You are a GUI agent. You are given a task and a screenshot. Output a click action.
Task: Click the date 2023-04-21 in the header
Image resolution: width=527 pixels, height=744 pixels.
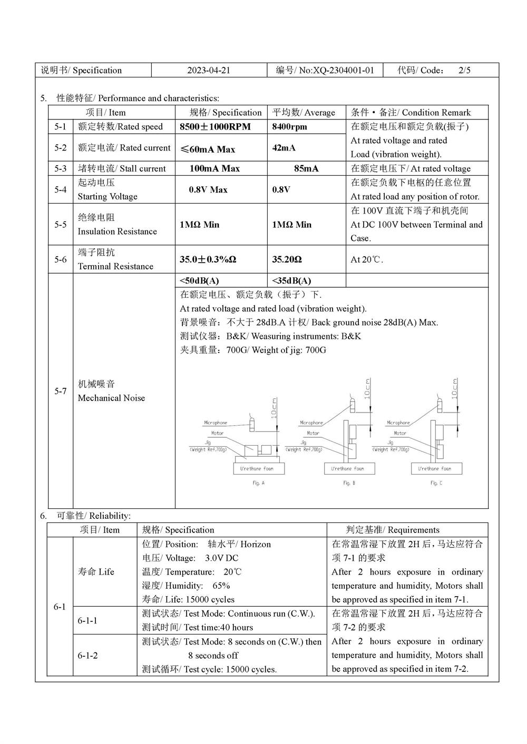click(x=209, y=71)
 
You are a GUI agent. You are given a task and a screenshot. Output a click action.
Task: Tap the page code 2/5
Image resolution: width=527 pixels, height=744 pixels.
click(x=464, y=71)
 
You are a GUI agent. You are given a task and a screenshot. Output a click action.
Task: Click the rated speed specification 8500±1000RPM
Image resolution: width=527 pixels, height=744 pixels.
click(x=215, y=127)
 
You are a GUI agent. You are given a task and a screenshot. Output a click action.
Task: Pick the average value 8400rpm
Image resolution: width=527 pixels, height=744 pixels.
click(x=289, y=127)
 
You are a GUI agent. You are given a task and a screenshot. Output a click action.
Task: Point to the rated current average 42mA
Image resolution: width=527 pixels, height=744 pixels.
click(x=284, y=148)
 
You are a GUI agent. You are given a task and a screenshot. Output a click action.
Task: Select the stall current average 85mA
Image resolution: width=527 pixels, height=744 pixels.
click(x=306, y=169)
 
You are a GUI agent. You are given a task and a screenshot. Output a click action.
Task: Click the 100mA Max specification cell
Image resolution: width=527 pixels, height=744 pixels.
click(x=214, y=169)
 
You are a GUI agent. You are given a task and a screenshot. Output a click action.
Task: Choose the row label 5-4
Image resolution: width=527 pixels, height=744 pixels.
click(x=61, y=189)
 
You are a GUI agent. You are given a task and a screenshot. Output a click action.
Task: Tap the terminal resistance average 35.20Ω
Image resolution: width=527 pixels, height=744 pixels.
click(x=287, y=259)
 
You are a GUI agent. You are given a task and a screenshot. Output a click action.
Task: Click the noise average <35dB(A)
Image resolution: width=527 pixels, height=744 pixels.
click(x=291, y=280)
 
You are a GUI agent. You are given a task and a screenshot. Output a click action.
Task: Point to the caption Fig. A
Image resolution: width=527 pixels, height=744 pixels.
click(x=259, y=483)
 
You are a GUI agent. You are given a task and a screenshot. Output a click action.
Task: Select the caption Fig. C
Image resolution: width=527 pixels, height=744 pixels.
click(x=436, y=483)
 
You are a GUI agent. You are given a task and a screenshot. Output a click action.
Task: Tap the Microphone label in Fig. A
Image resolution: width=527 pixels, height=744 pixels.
click(x=216, y=423)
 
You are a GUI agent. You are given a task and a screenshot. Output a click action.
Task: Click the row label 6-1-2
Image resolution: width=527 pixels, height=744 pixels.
click(x=87, y=656)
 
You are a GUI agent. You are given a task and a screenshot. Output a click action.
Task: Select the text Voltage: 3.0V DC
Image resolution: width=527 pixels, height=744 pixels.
click(x=190, y=558)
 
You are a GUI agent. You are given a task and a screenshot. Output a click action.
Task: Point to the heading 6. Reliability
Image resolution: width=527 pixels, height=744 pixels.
click(x=85, y=516)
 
